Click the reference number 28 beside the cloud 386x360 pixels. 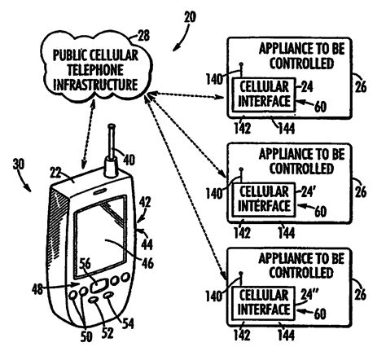[143, 36]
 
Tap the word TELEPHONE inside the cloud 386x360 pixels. [95, 70]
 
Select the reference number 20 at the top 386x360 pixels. [190, 17]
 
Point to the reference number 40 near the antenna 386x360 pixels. [129, 160]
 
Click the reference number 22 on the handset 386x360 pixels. [55, 173]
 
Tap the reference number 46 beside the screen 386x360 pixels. [147, 263]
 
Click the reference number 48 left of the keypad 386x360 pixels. [37, 289]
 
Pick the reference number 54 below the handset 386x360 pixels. [128, 323]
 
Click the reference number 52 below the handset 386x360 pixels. [107, 333]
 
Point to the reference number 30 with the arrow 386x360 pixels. [19, 165]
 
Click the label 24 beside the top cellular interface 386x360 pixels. [307, 87]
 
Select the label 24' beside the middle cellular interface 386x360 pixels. [308, 192]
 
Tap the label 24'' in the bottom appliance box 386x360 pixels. [309, 294]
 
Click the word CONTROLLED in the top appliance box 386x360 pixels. [301, 64]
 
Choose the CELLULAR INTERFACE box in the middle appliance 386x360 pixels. [264, 200]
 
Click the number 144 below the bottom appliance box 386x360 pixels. [286, 336]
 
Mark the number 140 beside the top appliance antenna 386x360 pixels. [214, 79]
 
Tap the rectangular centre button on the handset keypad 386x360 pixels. [99, 287]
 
